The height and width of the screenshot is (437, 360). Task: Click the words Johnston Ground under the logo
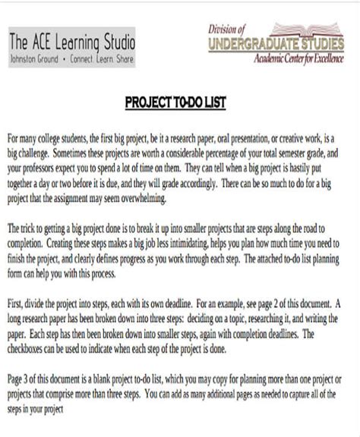coord(36,57)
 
